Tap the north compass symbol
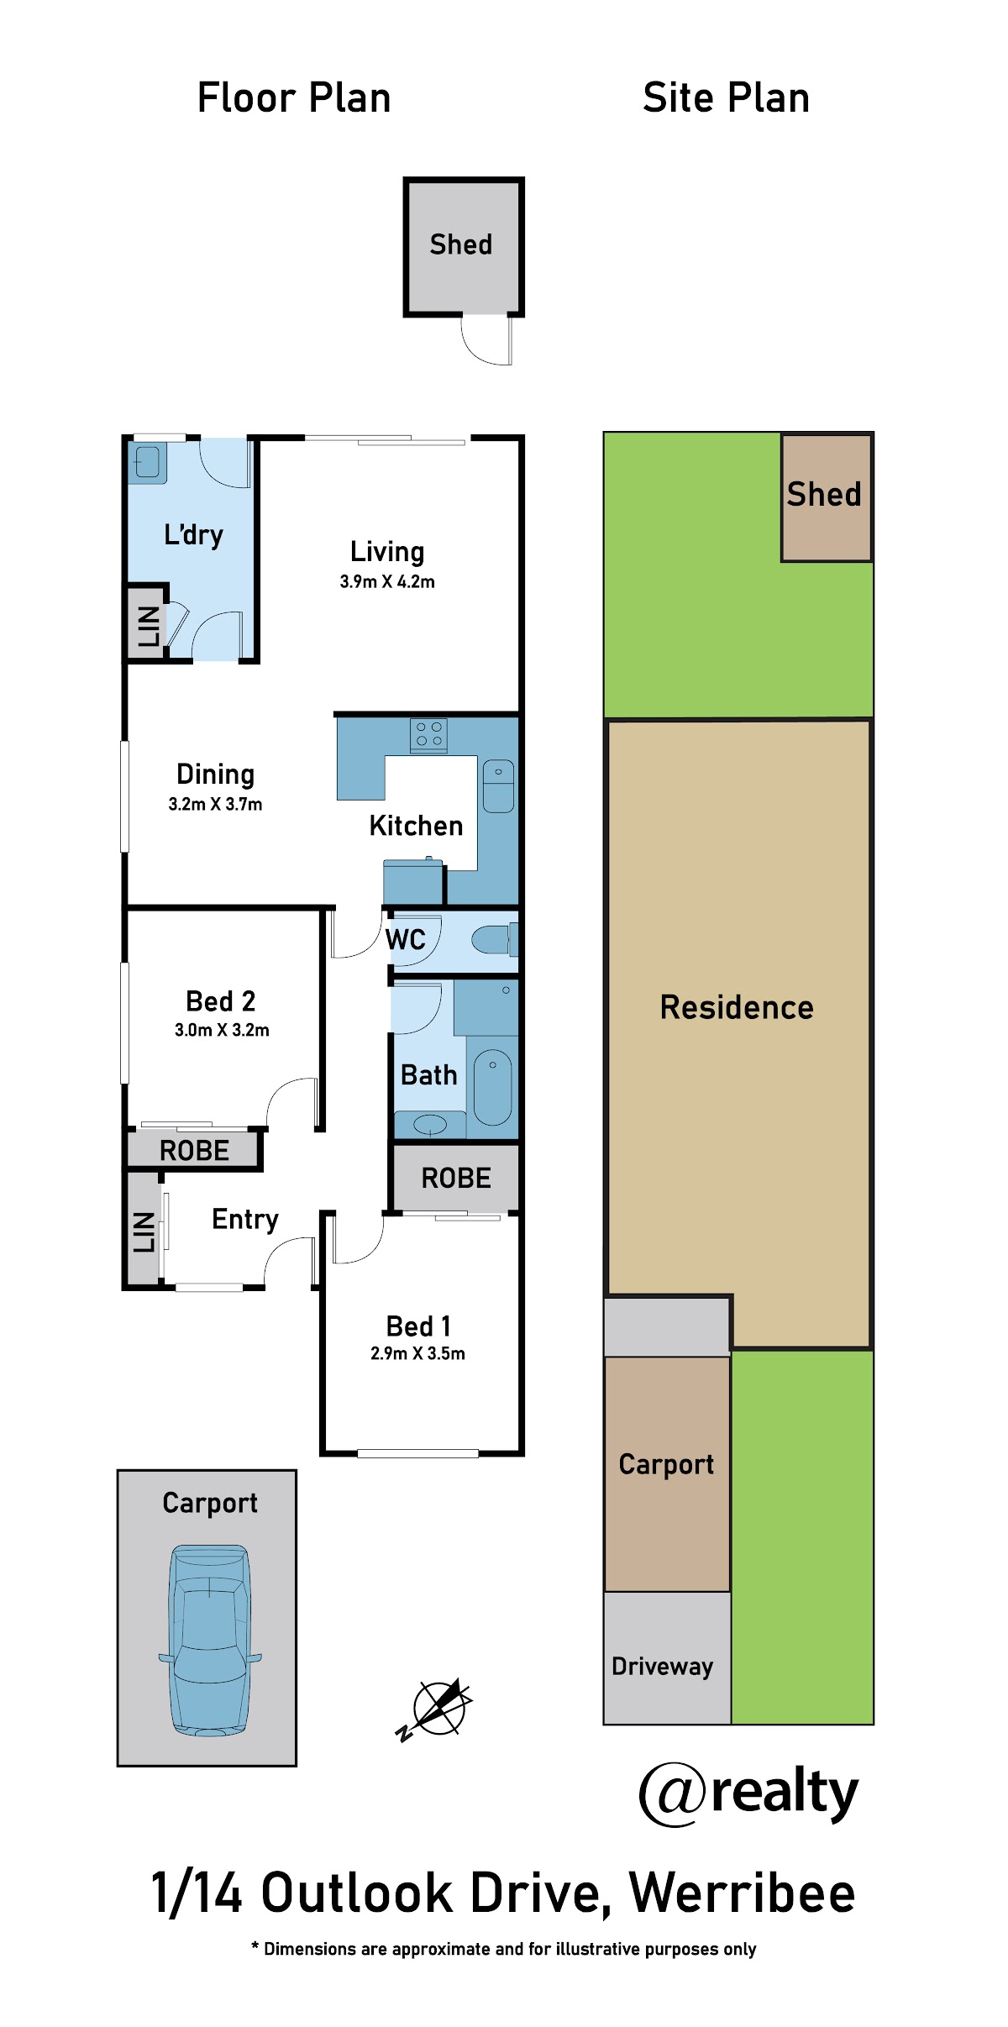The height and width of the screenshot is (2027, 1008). pyautogui.click(x=435, y=1709)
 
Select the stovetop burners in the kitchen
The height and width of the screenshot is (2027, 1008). pyautogui.click(x=428, y=735)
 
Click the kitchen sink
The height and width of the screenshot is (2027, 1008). pyautogui.click(x=498, y=785)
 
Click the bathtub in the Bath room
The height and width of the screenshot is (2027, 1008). pyautogui.click(x=492, y=1087)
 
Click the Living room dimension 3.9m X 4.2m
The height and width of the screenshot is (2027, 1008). pyautogui.click(x=387, y=581)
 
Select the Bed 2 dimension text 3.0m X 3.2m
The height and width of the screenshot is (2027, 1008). pyautogui.click(x=222, y=1030)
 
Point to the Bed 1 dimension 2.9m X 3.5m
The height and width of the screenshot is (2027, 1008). pyautogui.click(x=417, y=1353)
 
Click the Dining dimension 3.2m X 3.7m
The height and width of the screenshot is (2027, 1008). pyautogui.click(x=215, y=804)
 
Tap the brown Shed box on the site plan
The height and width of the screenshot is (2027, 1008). pyautogui.click(x=827, y=497)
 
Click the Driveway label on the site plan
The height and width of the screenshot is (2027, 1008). pyautogui.click(x=662, y=1667)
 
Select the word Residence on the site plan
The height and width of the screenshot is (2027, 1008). pyautogui.click(x=737, y=1007)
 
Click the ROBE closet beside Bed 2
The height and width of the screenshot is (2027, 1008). pyautogui.click(x=194, y=1150)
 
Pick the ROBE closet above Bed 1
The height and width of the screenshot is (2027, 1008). pyautogui.click(x=456, y=1178)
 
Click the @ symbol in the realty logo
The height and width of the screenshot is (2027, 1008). pyautogui.click(x=674, y=1794)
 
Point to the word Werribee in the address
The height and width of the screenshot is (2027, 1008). pyautogui.click(x=743, y=1894)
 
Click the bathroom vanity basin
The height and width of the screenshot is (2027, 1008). pyautogui.click(x=430, y=1123)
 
